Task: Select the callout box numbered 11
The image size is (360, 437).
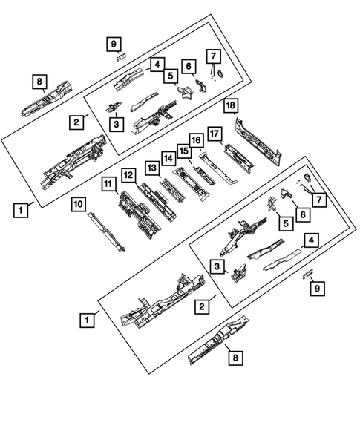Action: tap(109, 184)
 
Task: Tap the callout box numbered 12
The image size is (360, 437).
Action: tap(128, 175)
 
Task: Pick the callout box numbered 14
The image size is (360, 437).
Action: tap(169, 158)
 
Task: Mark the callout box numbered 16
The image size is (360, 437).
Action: tap(197, 140)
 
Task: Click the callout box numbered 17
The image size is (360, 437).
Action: tap(215, 134)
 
